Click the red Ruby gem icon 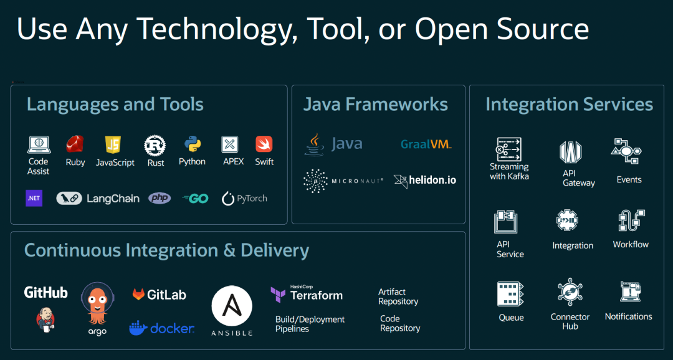75,144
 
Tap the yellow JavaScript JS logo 113,145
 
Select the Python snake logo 192,144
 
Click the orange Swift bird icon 264,144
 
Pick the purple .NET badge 34,199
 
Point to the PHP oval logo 160,199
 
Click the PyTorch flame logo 228,199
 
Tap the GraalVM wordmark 426,144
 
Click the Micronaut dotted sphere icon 315,181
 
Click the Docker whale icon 138,328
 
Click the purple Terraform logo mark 278,294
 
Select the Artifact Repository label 398,296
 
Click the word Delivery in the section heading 275,250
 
